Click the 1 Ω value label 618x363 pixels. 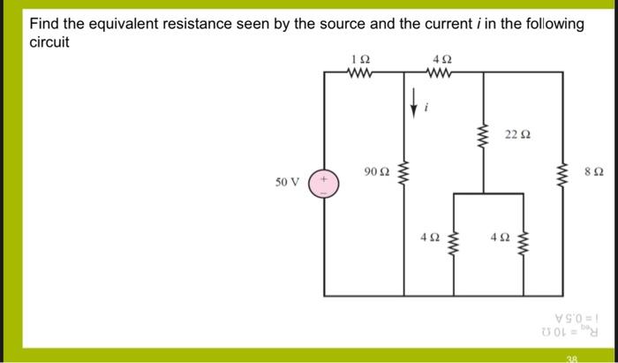point(360,59)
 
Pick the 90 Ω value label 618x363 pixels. point(375,170)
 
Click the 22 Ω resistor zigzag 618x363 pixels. point(483,137)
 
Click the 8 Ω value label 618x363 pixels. point(594,170)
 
